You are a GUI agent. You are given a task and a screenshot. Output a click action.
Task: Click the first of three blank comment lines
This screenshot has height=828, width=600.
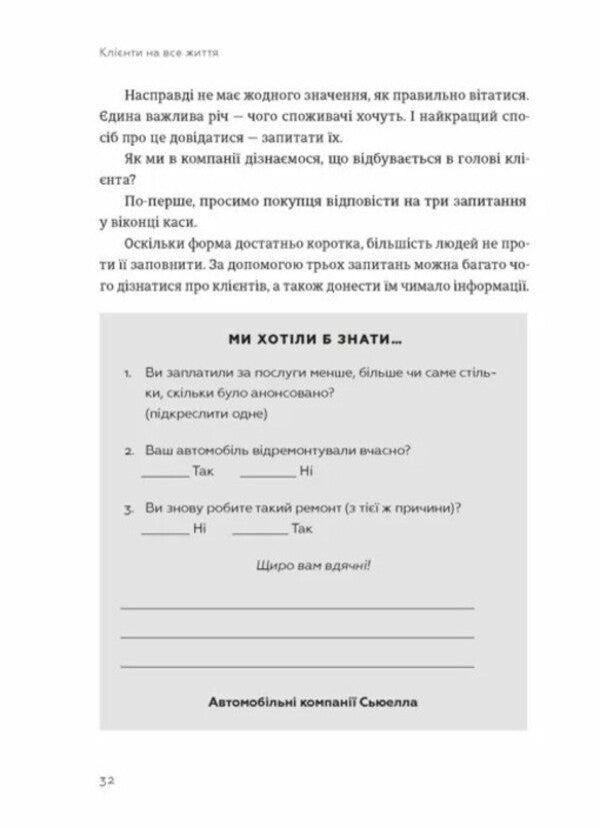pos(297,607)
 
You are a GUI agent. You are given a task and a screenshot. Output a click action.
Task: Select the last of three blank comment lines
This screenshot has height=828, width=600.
pos(297,664)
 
